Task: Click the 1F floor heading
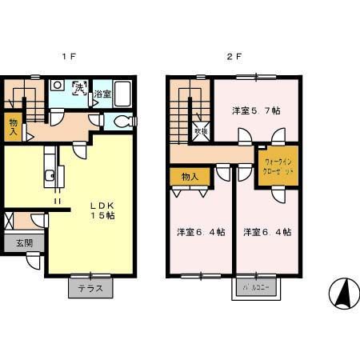(x=70, y=58)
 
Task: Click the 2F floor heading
(x=233, y=58)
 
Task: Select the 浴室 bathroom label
(x=102, y=95)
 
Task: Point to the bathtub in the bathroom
(x=124, y=90)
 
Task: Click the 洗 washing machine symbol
(x=80, y=89)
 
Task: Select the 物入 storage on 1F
(x=14, y=126)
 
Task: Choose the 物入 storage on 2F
(x=190, y=176)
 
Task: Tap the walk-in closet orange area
(x=279, y=167)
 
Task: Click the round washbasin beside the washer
(x=58, y=86)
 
